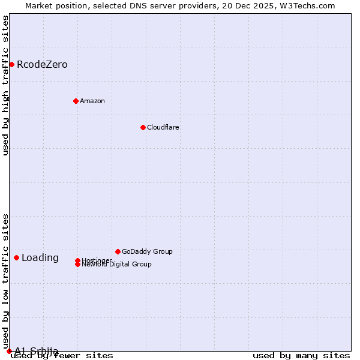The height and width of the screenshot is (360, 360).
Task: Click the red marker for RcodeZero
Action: [x=11, y=64]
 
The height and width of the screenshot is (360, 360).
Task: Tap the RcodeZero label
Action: [x=42, y=65]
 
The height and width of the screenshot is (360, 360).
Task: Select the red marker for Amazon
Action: [x=76, y=101]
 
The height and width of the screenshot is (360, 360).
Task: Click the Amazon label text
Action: [x=92, y=101]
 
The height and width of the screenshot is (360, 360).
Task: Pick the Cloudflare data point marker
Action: [x=143, y=127]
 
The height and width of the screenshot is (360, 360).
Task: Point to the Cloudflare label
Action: [x=163, y=127]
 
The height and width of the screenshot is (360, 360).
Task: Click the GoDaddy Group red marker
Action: [x=118, y=251]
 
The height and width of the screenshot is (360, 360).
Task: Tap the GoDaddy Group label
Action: [x=147, y=251]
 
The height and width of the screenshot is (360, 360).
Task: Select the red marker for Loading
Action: [x=16, y=257]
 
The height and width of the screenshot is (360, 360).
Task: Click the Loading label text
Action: [x=40, y=258]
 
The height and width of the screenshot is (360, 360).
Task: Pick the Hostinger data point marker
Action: [x=77, y=260]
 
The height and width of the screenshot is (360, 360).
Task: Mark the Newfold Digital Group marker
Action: [x=77, y=265]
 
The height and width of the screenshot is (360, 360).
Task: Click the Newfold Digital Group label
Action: [x=116, y=265]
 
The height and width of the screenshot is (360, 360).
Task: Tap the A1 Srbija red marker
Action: [x=9, y=351]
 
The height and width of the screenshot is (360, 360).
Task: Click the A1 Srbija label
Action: [x=37, y=351]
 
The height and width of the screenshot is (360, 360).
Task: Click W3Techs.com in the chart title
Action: [x=305, y=6]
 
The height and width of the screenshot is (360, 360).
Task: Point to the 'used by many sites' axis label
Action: [x=301, y=356]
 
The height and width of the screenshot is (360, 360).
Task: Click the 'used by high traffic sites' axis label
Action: [x=6, y=85]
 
